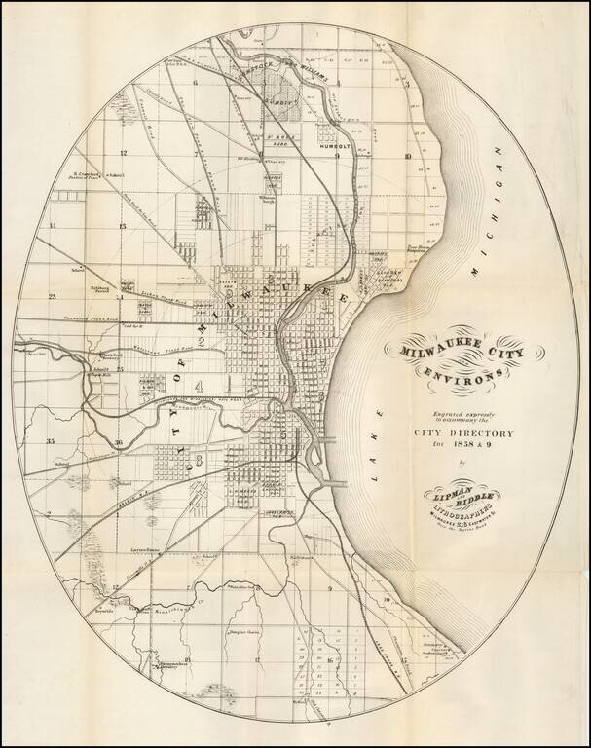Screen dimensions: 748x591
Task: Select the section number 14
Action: pyautogui.click(x=53, y=225)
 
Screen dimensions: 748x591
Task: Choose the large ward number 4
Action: pyautogui.click(x=199, y=387)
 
